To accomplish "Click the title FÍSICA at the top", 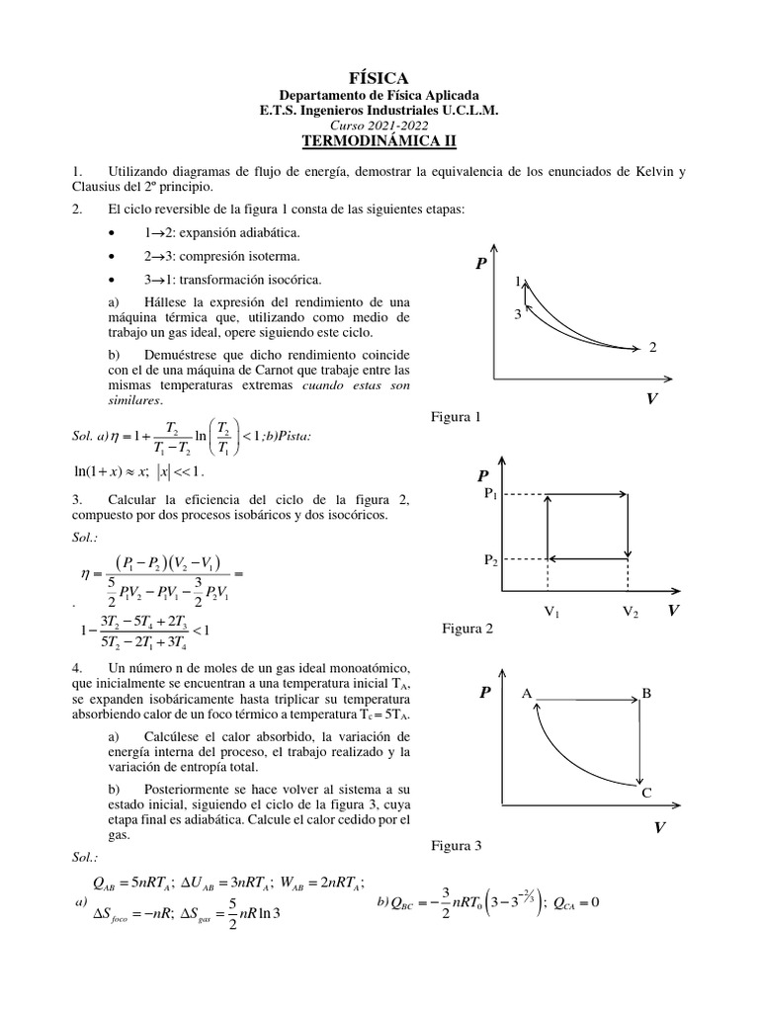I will coord(379,77).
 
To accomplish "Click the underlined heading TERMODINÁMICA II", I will coord(379,143).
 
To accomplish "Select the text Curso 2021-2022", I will coord(379,127).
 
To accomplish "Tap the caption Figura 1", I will coord(456,417).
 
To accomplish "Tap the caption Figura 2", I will coord(467,629).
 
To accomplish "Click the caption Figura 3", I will coord(456,847).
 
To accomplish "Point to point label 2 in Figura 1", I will coord(653,347).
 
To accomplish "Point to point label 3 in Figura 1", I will coord(517,314).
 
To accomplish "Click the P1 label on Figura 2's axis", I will coord(490,494).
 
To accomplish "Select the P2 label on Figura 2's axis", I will coord(490,560).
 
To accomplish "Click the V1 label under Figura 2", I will coord(552,613).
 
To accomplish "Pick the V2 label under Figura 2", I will coord(631,613).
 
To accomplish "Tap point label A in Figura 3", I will coord(528,695).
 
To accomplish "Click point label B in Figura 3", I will coord(647,695).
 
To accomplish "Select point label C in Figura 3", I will coord(647,793).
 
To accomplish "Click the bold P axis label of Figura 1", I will coord(481,265).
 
